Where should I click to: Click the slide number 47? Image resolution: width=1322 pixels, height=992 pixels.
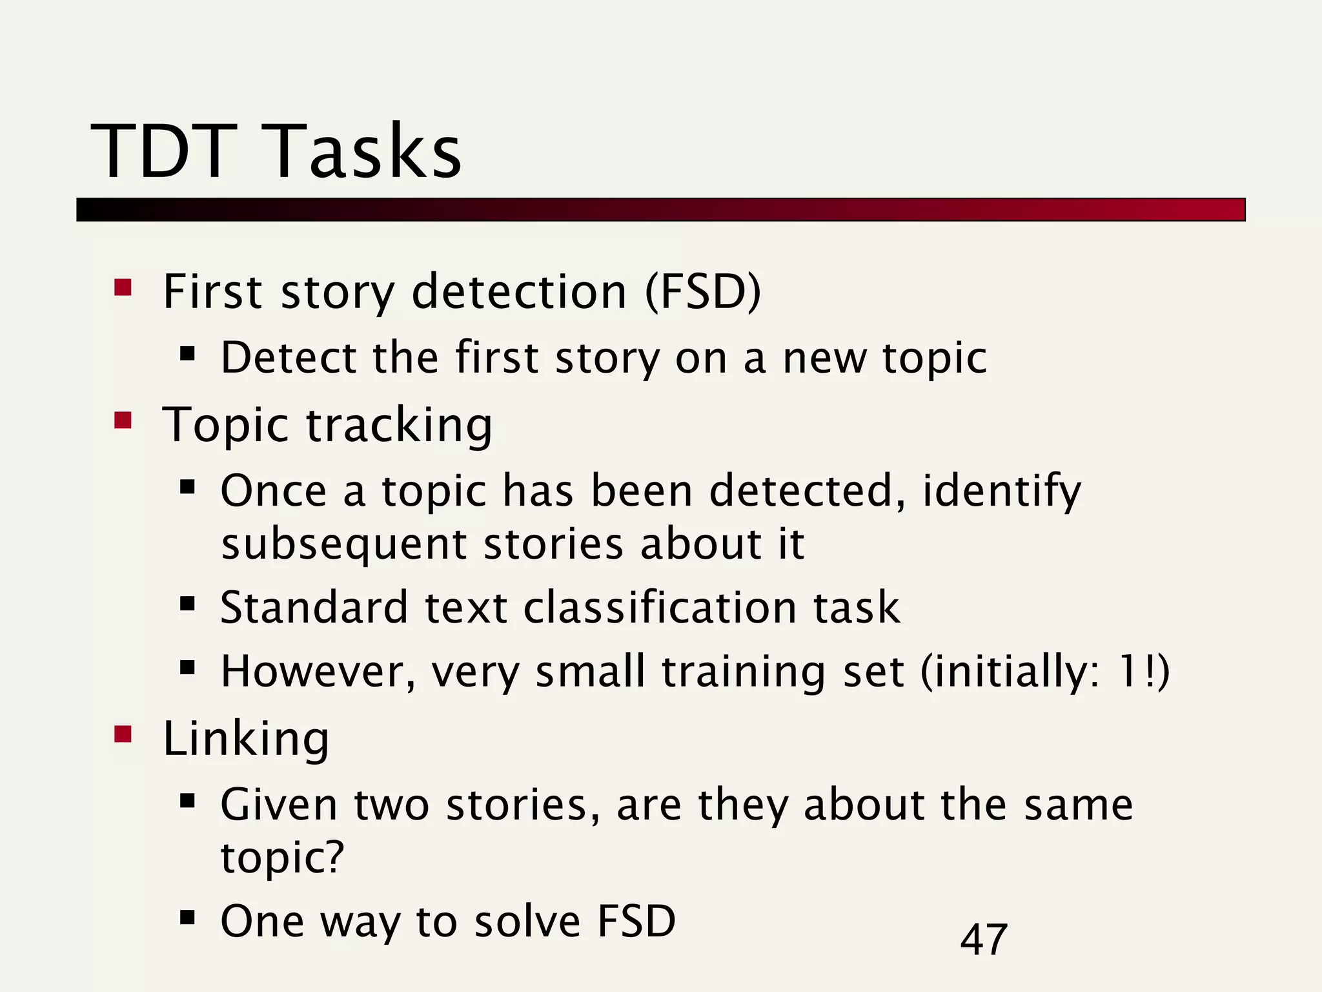click(983, 940)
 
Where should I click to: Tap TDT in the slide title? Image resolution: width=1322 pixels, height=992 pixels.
click(164, 152)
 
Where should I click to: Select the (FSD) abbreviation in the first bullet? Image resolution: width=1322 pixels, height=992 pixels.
click(703, 292)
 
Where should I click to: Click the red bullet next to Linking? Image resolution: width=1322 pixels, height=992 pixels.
click(123, 734)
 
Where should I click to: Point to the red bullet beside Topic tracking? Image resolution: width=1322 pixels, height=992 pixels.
click(123, 420)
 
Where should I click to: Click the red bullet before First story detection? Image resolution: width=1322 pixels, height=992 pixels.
click(123, 287)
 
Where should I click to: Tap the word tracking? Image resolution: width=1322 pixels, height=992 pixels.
click(398, 426)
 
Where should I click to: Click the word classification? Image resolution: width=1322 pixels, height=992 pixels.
click(660, 608)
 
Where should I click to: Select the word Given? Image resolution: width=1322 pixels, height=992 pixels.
click(279, 805)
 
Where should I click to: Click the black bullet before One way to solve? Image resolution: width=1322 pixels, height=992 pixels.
click(187, 917)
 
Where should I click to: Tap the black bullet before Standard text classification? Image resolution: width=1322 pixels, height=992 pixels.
click(187, 604)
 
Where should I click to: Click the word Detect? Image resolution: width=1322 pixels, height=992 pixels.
click(289, 358)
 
